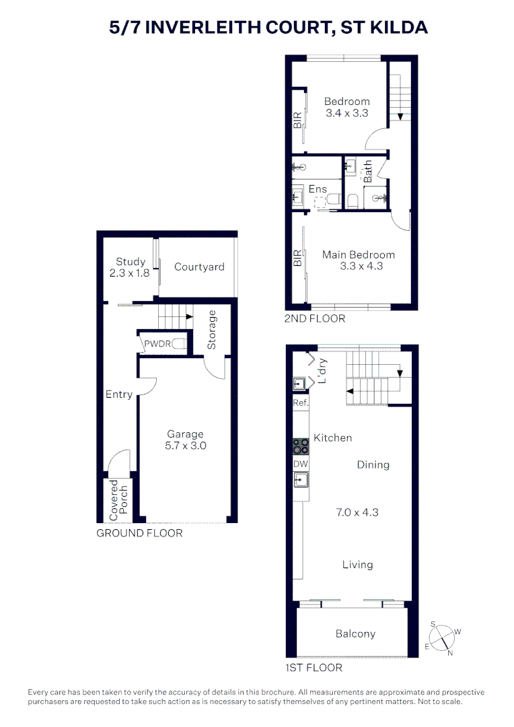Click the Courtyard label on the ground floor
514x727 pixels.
pyautogui.click(x=199, y=267)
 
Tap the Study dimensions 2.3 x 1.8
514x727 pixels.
pyautogui.click(x=129, y=273)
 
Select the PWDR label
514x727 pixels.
pyautogui.click(x=157, y=344)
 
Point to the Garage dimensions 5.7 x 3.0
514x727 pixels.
pyautogui.click(x=186, y=446)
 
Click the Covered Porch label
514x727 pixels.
pyautogui.click(x=118, y=499)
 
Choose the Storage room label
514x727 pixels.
pyautogui.click(x=212, y=330)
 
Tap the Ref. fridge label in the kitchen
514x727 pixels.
pyautogui.click(x=301, y=403)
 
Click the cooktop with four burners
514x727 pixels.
pyautogui.click(x=300, y=446)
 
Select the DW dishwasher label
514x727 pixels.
pyautogui.click(x=300, y=464)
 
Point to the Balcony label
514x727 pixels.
pyautogui.click(x=355, y=634)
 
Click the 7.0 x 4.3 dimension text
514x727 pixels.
pyautogui.click(x=357, y=512)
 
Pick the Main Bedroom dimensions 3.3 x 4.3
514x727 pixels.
pyautogui.click(x=361, y=266)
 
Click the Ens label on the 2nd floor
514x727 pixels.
pyautogui.click(x=318, y=189)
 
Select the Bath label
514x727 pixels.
pyautogui.click(x=367, y=172)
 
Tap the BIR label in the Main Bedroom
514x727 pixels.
pyautogui.click(x=297, y=258)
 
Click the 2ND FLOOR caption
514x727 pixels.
pyautogui.click(x=315, y=318)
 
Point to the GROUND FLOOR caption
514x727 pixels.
pyautogui.click(x=139, y=533)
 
